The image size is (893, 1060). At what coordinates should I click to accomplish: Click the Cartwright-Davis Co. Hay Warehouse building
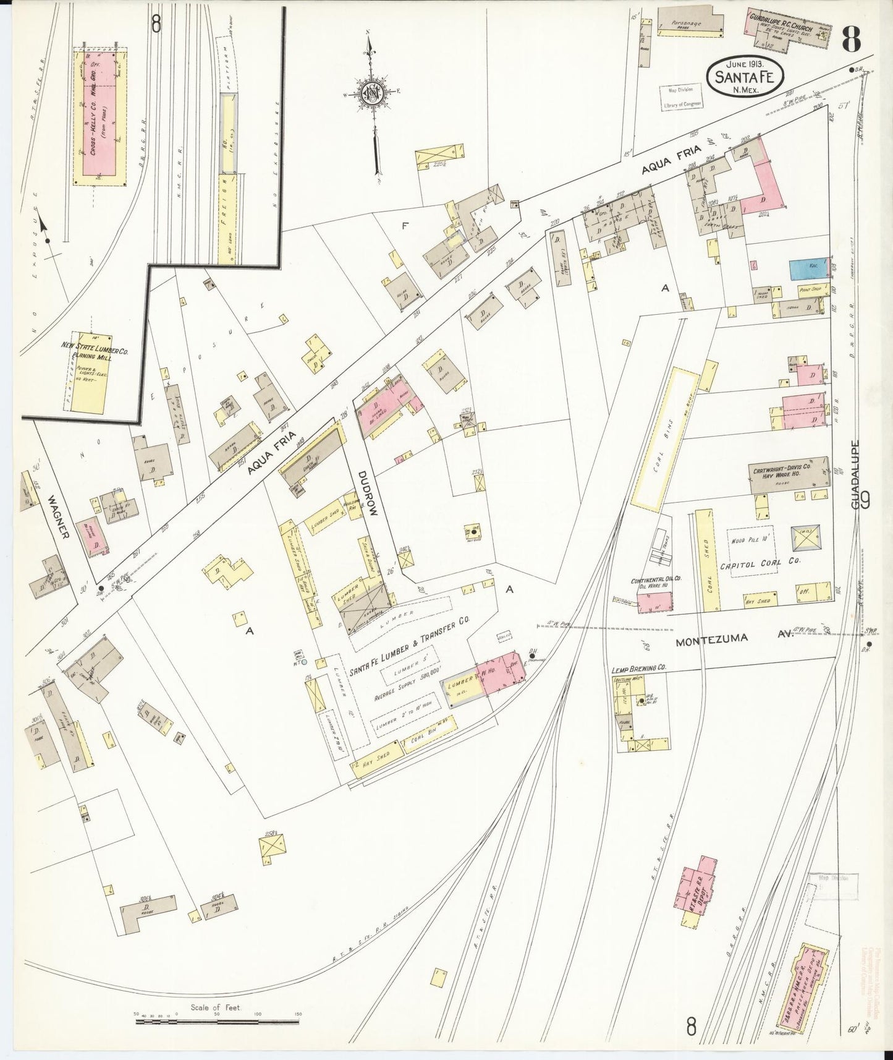(x=789, y=474)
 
